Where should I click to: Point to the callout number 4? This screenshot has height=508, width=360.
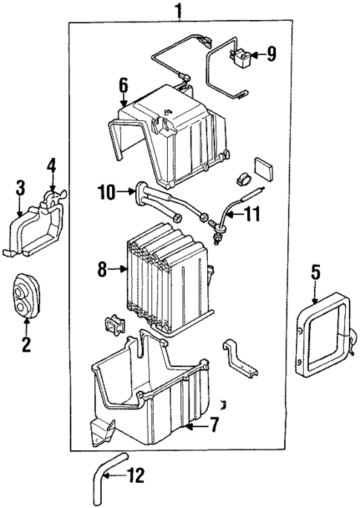tap(52, 165)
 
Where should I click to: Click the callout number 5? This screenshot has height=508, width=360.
tap(315, 272)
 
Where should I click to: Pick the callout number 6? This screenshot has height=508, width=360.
tap(123, 85)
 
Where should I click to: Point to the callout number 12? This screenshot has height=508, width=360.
tap(157, 474)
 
